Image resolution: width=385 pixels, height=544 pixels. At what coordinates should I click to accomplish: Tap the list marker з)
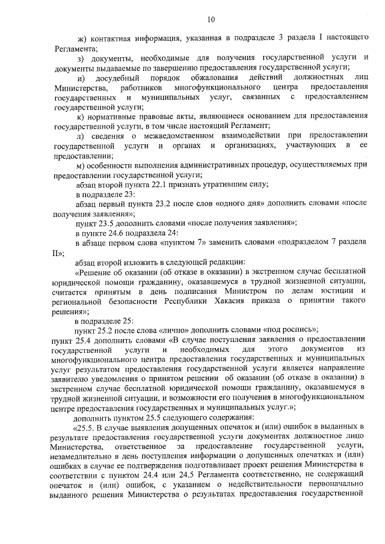[82, 58]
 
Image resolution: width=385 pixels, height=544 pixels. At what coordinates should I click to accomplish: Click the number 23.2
[158, 204]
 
